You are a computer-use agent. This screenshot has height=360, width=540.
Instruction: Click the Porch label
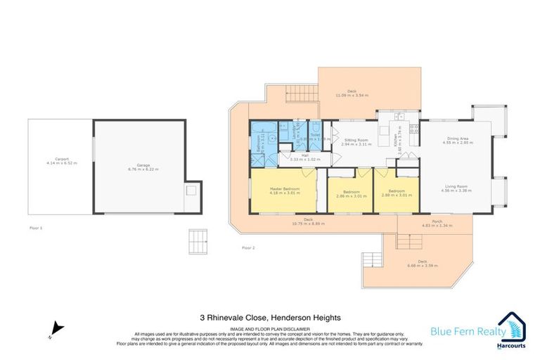click(437, 221)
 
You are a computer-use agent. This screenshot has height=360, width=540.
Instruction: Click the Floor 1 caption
click(37, 229)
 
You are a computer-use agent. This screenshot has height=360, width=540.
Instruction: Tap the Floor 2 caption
click(247, 247)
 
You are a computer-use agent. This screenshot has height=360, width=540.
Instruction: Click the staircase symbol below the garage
click(199, 243)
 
